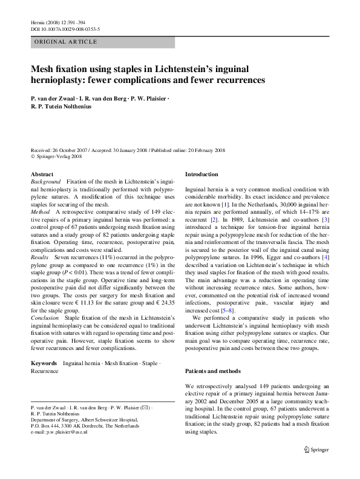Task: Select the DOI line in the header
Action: tap(65, 29)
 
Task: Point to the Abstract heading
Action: tap(42, 174)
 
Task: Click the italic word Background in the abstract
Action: tap(46, 182)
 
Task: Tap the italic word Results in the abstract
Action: tap(41, 257)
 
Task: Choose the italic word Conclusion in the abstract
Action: tap(45, 317)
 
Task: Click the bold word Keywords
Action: tap(44, 363)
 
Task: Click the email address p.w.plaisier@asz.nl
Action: tap(63, 432)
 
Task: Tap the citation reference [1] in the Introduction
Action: tap(224, 205)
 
